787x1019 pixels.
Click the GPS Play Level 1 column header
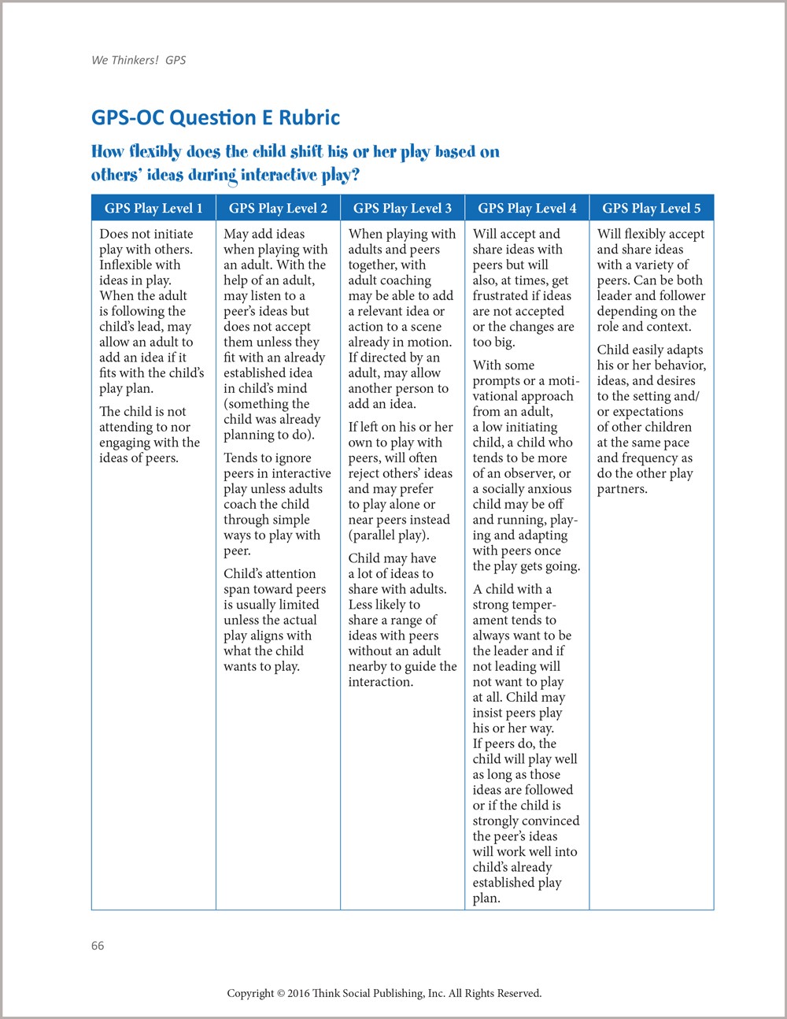click(153, 209)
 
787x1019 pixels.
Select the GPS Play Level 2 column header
click(278, 209)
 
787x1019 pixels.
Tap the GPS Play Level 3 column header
click(402, 209)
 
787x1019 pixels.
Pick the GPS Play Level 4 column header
click(527, 209)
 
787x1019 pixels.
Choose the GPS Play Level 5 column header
click(651, 209)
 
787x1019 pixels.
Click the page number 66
click(98, 946)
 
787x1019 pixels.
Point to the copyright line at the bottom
click(384, 993)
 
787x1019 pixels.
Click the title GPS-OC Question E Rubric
click(216, 118)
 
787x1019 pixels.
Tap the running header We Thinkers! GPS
click(139, 60)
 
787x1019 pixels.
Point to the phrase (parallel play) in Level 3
click(389, 535)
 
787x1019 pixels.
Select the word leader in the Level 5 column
click(614, 295)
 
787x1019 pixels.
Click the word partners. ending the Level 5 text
click(622, 489)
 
